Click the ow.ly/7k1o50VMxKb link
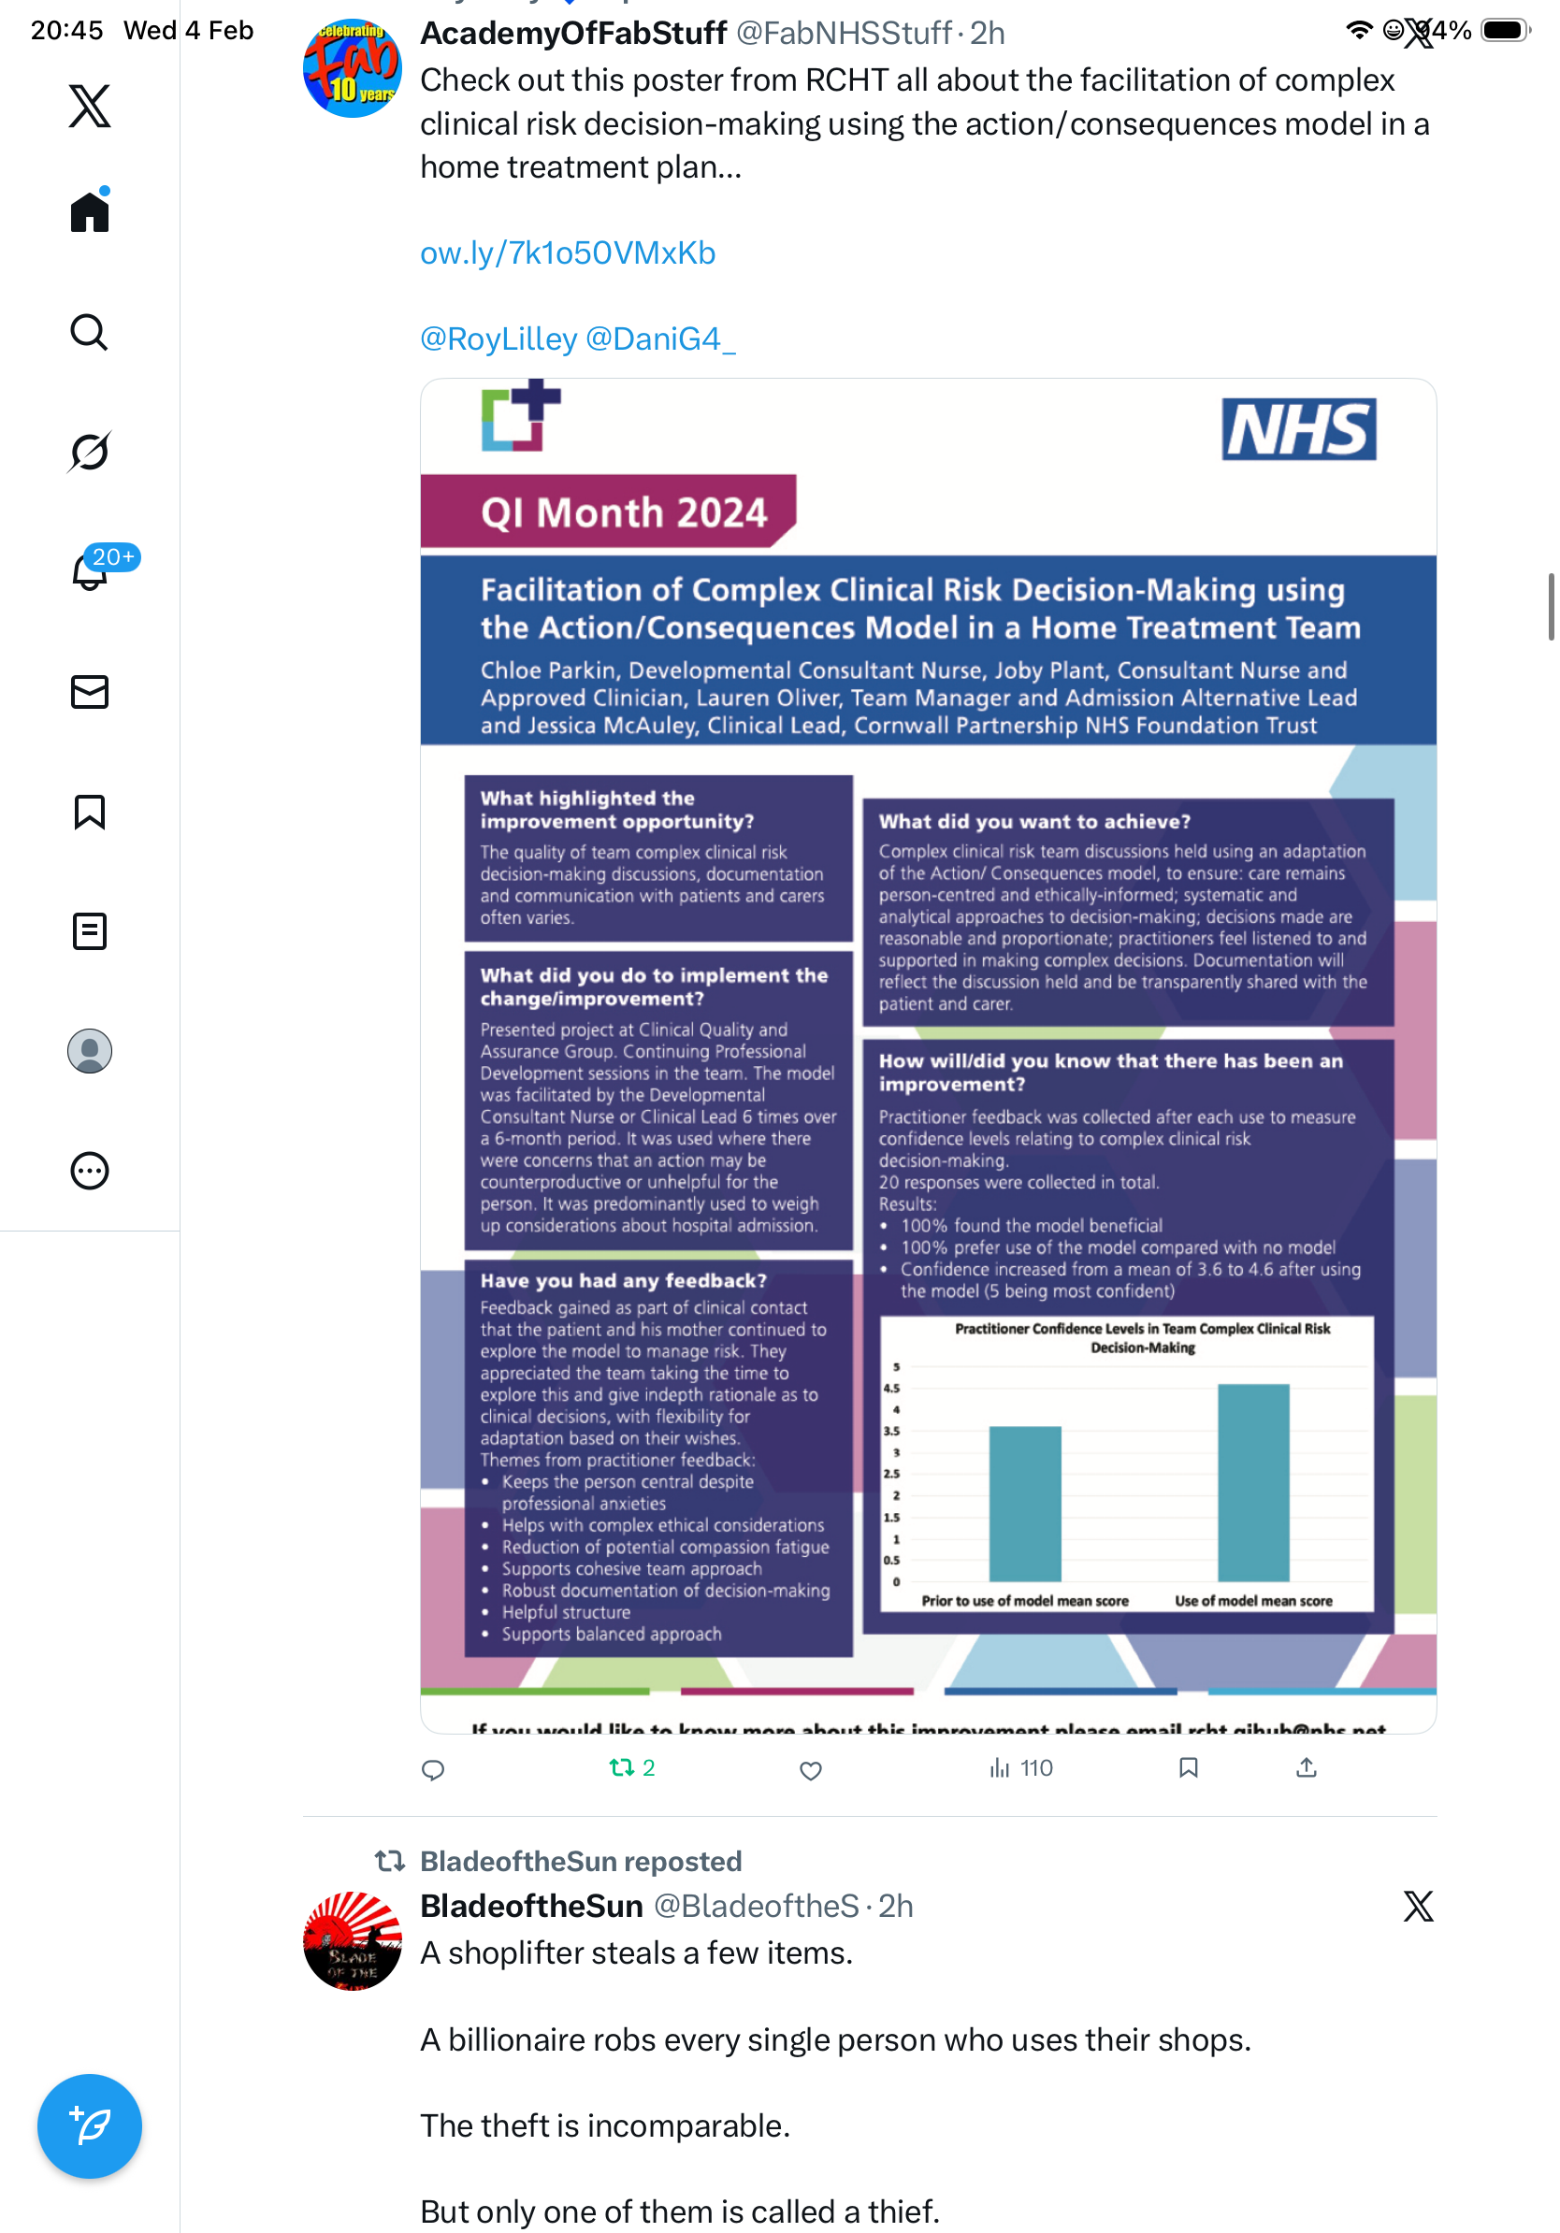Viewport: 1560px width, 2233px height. coord(567,252)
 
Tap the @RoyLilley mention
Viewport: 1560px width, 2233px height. coord(498,339)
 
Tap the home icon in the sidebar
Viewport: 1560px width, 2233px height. coord(90,211)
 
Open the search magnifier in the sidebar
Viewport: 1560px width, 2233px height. coord(90,333)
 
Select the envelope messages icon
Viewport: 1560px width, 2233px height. coord(90,691)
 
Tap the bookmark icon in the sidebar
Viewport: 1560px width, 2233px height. coord(90,811)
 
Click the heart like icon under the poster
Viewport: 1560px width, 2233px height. coord(810,1769)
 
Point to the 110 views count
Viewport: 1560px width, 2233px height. coord(1034,1767)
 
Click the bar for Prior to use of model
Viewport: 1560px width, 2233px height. coord(1024,1502)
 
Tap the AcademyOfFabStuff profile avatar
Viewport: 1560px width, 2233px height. coord(352,68)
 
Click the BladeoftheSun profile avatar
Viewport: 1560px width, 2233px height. coord(352,1939)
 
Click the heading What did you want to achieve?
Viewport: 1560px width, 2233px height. coord(1033,822)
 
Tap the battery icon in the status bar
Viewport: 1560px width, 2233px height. coord(1504,31)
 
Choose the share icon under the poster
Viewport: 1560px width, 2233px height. coord(1306,1767)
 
